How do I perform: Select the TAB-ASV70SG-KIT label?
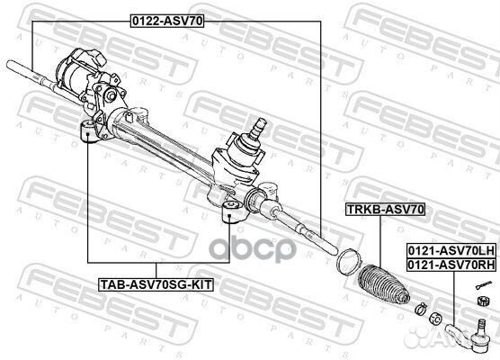pos(156,286)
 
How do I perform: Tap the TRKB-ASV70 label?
pos(385,209)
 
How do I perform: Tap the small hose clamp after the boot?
pos(416,310)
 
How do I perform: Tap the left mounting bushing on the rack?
pos(87,132)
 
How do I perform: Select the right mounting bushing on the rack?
pos(229,213)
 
